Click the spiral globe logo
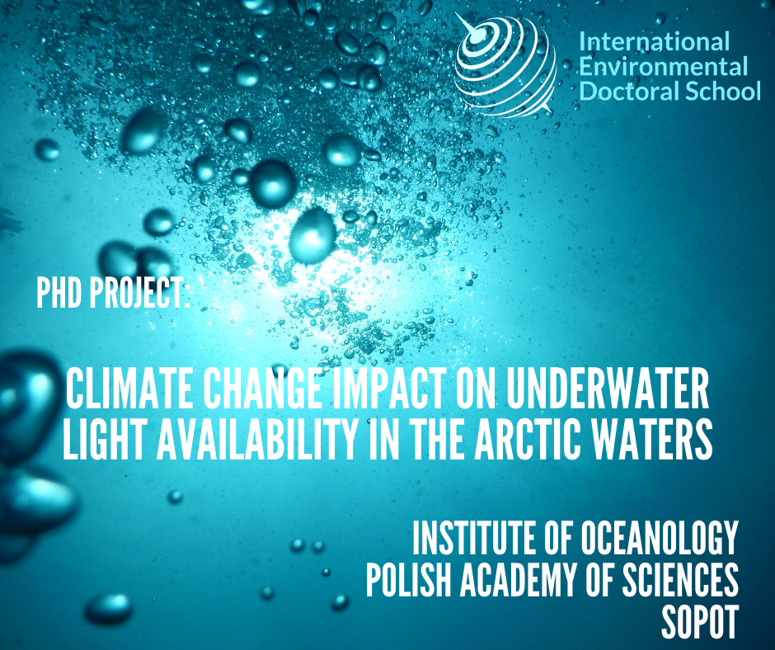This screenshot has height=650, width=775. point(504,64)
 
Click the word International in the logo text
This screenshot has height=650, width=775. point(654,41)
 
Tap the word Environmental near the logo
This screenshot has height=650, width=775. point(663,67)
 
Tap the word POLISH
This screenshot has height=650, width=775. point(408,579)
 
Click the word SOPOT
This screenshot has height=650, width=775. point(700,621)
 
